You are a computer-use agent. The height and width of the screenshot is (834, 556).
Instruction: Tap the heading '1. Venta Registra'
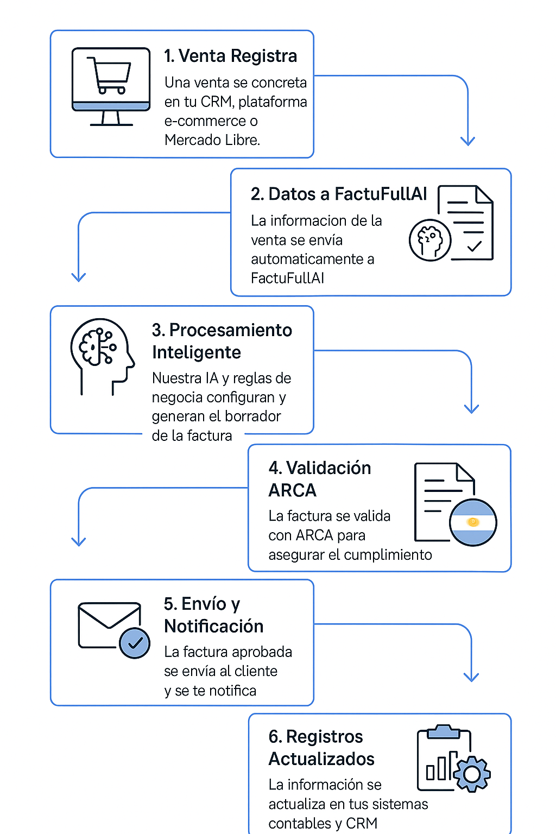click(x=231, y=56)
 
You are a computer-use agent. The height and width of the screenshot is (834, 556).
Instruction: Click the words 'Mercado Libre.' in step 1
click(x=212, y=140)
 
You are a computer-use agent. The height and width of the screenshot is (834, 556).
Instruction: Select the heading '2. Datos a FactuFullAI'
click(x=339, y=194)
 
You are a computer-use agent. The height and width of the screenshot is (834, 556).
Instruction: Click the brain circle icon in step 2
click(x=429, y=239)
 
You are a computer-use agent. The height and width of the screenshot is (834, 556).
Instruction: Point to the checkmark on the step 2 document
click(x=474, y=246)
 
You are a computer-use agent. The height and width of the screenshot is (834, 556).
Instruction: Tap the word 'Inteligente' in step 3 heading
click(x=197, y=352)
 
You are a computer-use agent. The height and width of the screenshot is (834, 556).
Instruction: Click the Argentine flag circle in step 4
click(x=473, y=522)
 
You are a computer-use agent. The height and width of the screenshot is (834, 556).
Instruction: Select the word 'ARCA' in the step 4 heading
click(x=292, y=490)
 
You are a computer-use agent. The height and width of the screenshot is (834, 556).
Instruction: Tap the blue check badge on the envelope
click(x=135, y=643)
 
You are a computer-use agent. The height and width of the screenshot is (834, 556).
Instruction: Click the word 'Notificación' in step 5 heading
click(x=214, y=626)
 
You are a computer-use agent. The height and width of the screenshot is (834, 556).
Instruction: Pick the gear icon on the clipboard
click(x=472, y=773)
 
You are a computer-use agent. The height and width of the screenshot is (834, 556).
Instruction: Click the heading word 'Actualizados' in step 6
click(x=321, y=759)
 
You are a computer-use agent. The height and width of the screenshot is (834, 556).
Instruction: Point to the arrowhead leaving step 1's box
click(x=467, y=141)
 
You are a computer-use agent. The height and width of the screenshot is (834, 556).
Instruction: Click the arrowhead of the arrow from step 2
click(x=79, y=277)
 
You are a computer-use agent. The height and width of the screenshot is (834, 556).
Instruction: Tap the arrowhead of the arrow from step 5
click(x=471, y=677)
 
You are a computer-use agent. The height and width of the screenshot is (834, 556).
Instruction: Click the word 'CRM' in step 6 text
click(x=362, y=823)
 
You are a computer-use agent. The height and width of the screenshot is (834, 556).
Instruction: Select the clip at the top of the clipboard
click(x=444, y=731)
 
